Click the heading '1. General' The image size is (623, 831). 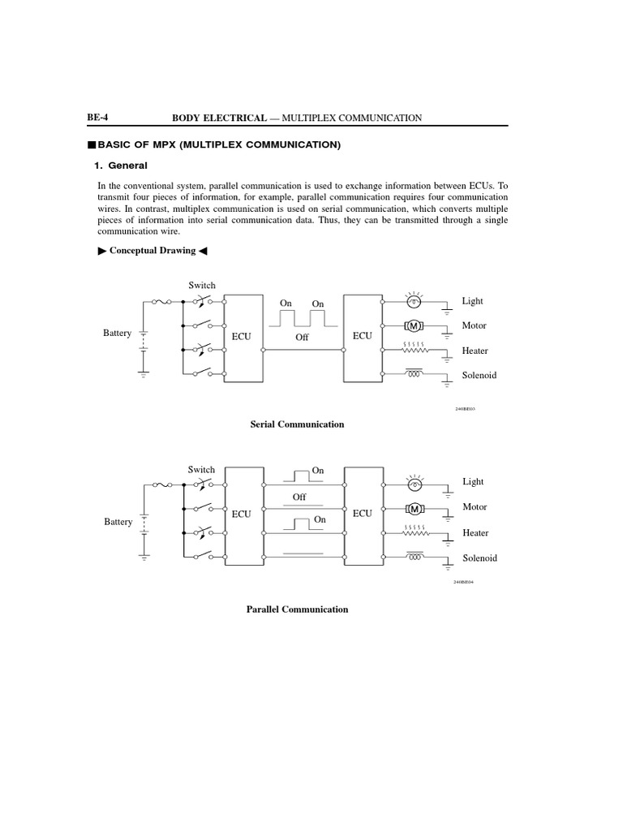122,166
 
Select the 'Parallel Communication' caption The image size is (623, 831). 297,609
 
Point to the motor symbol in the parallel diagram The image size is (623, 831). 415,509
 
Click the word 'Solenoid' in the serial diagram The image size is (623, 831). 479,376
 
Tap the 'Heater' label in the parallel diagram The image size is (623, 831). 475,533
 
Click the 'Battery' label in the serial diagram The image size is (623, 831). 117,334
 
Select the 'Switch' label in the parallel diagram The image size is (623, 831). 201,470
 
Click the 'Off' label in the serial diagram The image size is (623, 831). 302,337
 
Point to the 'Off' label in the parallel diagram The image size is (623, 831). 299,497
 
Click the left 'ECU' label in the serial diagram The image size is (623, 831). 242,336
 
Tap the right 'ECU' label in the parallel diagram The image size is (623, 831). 362,514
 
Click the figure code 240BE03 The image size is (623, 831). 465,409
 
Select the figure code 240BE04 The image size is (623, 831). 463,582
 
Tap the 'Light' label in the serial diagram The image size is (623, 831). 472,301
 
